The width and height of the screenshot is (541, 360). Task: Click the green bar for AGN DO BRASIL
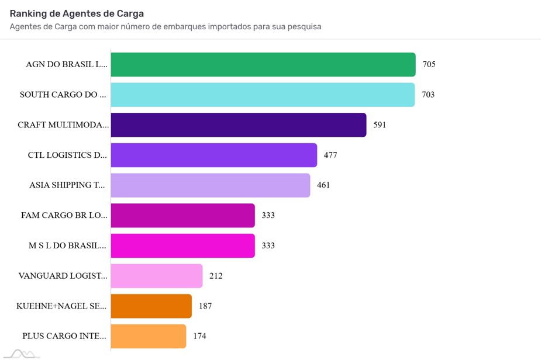coord(263,64)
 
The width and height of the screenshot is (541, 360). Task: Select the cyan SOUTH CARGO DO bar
coord(263,95)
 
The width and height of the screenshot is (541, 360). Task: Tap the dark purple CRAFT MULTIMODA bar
coord(239,125)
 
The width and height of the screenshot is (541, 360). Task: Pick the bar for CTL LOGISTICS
coord(214,155)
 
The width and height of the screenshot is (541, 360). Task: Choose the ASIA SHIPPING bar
coord(211,185)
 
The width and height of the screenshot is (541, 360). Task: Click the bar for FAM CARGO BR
coord(183,216)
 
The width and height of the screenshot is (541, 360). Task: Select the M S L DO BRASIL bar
coord(183,246)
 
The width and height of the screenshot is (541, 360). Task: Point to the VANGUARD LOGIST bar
coord(157,276)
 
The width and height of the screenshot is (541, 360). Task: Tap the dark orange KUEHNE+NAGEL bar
coord(151,306)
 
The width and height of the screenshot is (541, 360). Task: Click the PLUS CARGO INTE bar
coord(149,336)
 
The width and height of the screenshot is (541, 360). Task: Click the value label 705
coord(429,64)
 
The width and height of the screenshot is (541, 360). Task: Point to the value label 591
coord(380,125)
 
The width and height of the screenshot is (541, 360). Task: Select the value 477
coord(330,155)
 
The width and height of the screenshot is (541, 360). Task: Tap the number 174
coord(199,336)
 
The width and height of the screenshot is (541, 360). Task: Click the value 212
coord(216,276)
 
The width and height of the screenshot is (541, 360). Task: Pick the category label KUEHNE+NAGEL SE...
coord(63,306)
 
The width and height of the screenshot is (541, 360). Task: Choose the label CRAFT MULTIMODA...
coord(63,125)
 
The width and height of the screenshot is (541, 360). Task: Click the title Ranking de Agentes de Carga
coord(77,13)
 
